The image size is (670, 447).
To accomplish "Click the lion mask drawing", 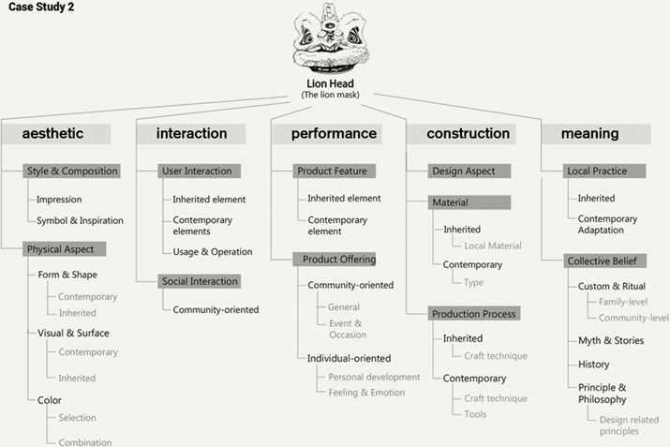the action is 330,37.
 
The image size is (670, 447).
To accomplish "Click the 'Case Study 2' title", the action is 41,7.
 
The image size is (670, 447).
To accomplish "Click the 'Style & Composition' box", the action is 72,171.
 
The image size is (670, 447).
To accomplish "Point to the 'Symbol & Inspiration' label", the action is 80,220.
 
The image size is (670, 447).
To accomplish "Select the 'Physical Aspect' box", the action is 65,249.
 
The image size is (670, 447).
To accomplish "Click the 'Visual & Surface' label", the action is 73,333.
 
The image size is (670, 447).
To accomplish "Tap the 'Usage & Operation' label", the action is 213,252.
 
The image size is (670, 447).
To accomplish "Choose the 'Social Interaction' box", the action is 200,281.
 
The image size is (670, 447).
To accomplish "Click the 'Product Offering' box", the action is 335,260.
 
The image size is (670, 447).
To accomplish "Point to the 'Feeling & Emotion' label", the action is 366,393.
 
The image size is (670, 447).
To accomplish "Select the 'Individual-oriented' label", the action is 350,358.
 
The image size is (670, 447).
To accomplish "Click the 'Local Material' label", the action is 493,246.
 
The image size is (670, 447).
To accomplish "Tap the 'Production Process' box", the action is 474,314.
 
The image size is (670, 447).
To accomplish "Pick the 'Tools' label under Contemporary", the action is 475,414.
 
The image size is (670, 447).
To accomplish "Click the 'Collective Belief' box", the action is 604,261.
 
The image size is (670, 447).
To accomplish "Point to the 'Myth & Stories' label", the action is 611,340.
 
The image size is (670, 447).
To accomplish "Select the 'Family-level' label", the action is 623,302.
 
